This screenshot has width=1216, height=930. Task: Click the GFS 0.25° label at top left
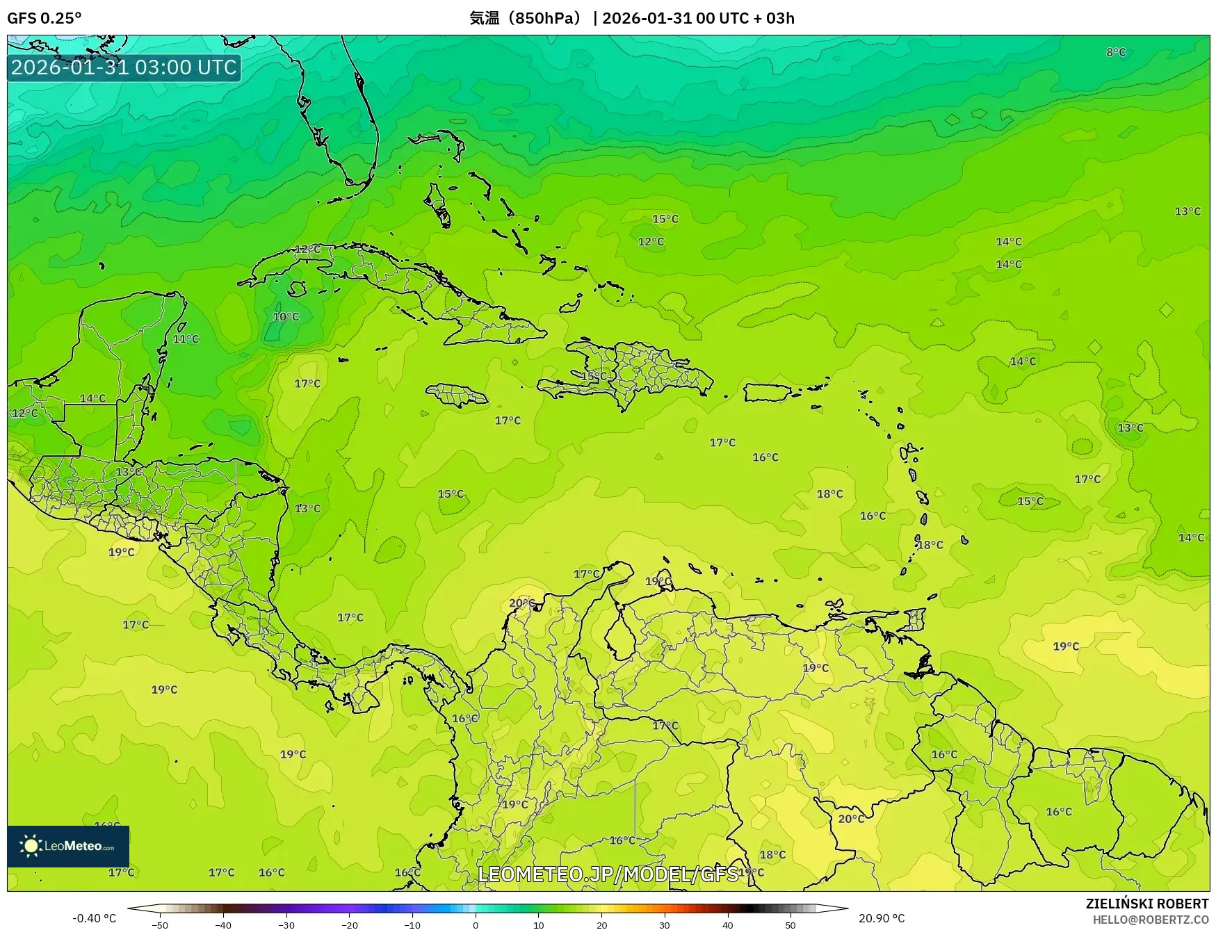[x=44, y=18]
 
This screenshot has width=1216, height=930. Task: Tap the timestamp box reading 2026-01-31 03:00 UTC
[x=124, y=67]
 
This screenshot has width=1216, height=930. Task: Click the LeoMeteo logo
[x=68, y=846]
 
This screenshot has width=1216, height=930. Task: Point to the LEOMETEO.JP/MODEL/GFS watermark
[x=608, y=874]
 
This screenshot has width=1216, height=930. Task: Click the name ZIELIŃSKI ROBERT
[x=1147, y=904]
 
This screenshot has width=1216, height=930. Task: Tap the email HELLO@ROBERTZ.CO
[x=1151, y=920]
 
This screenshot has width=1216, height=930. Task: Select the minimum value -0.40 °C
[x=94, y=918]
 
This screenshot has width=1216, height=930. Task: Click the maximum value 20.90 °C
[x=882, y=918]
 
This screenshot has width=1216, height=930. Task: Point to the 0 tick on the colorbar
[x=476, y=924]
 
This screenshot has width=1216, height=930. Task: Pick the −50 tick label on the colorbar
[x=159, y=924]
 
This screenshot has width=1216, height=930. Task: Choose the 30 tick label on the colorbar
[x=665, y=924]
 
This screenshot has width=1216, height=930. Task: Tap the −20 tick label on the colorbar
[x=349, y=924]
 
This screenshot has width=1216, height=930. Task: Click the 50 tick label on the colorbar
[x=791, y=924]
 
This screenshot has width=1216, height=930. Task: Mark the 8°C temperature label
[x=1116, y=52]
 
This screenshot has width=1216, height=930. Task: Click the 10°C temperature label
[x=286, y=317]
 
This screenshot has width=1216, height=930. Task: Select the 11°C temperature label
[x=186, y=339]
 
